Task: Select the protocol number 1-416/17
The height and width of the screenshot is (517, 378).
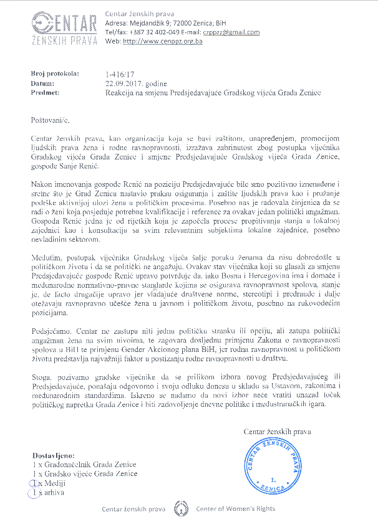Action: [x=121, y=74]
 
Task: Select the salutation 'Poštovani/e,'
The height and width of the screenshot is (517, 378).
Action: [x=51, y=118]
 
